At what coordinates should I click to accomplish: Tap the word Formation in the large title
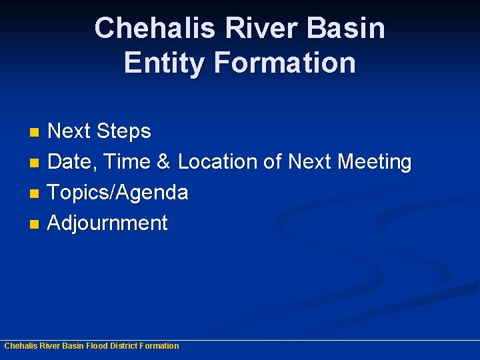pos(285,63)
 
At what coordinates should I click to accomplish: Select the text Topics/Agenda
pos(118,193)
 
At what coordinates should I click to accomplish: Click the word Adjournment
pos(108,223)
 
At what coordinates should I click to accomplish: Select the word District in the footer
pos(123,346)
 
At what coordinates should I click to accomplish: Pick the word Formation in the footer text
pos(159,346)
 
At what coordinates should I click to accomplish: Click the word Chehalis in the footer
pos(20,346)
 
